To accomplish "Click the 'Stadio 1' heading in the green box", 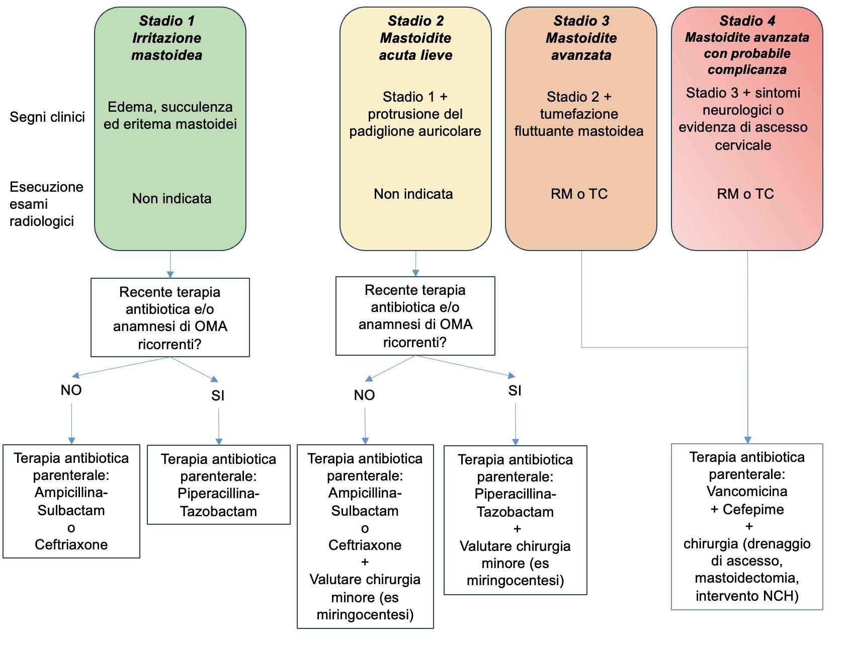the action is tap(167, 21).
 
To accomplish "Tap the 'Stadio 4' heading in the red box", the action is tap(747, 21).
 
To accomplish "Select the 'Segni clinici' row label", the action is tap(47, 117).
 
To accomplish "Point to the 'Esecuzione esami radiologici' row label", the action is tap(46, 204).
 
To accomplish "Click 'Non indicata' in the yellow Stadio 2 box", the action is tap(413, 194).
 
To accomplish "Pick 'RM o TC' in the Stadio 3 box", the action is tap(579, 194).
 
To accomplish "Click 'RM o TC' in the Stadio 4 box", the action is tap(745, 194).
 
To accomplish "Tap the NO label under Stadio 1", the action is tap(71, 390).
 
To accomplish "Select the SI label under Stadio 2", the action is tap(515, 391).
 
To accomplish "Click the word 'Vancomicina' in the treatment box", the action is tap(747, 492).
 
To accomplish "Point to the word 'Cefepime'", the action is tap(753, 510).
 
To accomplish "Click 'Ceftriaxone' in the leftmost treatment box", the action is tap(71, 544).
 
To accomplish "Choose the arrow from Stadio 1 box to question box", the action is tap(170, 264).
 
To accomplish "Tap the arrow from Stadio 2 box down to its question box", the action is tap(415, 264).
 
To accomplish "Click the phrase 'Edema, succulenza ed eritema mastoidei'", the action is tap(171, 116).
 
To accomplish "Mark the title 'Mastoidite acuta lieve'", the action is tap(416, 47).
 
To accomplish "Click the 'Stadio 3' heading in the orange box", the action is tap(581, 21).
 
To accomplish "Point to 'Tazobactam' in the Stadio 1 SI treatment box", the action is tap(219, 512).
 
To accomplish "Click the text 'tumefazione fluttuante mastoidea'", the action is tap(579, 123).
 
